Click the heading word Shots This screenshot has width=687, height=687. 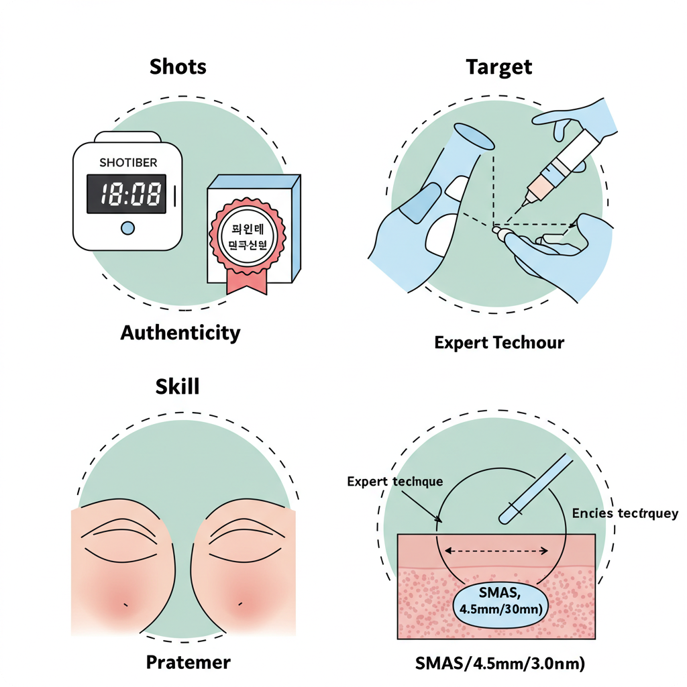[178, 66]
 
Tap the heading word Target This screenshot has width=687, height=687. [498, 66]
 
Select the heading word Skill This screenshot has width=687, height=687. [177, 386]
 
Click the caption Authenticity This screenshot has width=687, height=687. [180, 333]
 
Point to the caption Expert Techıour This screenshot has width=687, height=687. [499, 343]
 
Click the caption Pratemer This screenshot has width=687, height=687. [189, 663]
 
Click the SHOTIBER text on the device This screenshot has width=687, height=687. [128, 163]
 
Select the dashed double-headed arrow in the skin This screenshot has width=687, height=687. [497, 551]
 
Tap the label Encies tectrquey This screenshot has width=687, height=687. [625, 514]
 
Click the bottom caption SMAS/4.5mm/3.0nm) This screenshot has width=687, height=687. [500, 663]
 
